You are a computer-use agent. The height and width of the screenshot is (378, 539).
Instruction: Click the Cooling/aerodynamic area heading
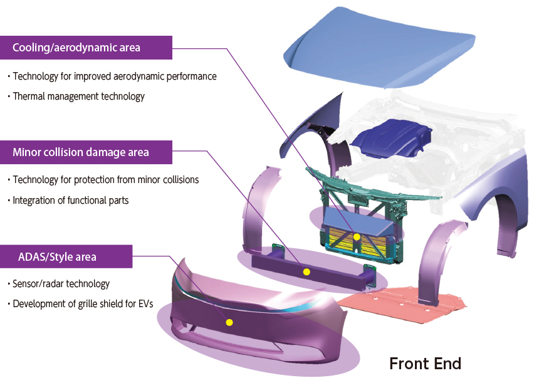coord(76,48)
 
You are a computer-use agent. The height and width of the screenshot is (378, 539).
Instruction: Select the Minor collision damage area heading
coord(81,152)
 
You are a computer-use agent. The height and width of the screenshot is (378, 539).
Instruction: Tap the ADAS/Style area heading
coord(57,256)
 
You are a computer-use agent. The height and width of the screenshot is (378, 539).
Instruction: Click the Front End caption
coord(425,364)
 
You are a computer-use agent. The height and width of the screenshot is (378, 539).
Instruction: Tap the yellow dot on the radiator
coord(357,237)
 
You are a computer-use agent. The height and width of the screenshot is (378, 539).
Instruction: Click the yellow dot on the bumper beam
coord(306,272)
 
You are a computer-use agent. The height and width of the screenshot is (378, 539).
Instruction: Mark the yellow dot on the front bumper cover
coord(229,322)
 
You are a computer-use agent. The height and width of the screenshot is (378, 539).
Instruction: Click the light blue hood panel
coord(378,48)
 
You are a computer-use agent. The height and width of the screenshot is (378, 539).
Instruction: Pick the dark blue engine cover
coord(392,139)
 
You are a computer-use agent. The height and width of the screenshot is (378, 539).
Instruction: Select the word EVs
coord(146,304)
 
